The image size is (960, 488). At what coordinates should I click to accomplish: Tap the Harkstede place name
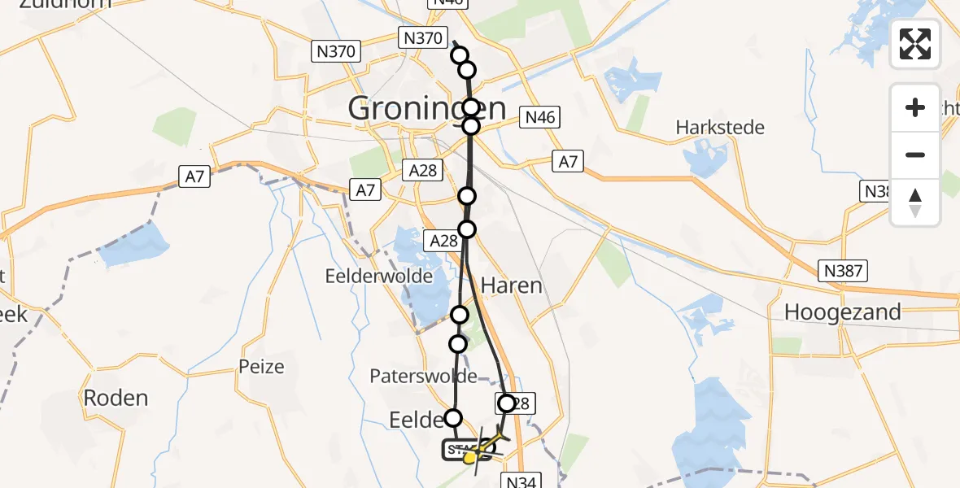click(720, 128)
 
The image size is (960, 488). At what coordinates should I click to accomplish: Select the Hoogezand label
click(842, 312)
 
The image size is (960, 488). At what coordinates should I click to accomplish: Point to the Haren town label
click(511, 285)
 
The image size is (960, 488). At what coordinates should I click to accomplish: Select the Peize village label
click(262, 366)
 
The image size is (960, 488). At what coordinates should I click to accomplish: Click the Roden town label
click(116, 398)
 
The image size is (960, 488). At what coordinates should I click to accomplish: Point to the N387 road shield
click(844, 271)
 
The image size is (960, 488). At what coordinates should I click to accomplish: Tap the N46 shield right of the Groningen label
click(540, 118)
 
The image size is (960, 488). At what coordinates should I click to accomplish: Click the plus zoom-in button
click(915, 107)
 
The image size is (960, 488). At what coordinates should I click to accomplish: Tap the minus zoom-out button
click(915, 155)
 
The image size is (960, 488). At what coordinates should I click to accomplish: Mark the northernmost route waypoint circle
click(460, 55)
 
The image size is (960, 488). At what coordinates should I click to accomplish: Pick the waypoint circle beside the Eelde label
click(453, 418)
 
